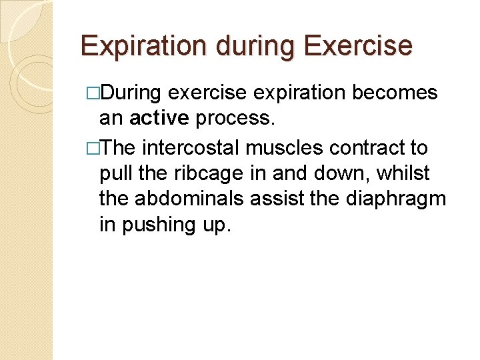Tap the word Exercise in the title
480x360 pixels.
(357, 46)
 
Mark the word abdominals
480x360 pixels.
(190, 199)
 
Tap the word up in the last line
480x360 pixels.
(219, 225)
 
